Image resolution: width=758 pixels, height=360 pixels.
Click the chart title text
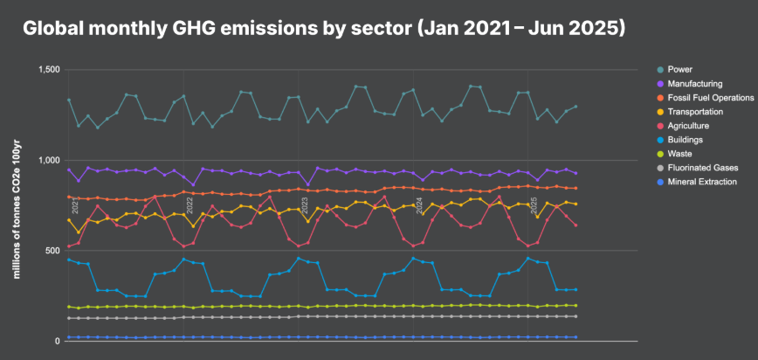pos(323,28)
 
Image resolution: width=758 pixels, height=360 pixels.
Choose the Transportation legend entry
pos(695,111)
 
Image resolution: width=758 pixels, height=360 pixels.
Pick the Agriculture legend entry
pos(689,125)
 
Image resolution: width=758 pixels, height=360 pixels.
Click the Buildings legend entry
pos(686,139)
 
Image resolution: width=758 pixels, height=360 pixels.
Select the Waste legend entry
pos(680,153)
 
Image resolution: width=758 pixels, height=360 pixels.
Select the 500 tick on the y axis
pos(53,251)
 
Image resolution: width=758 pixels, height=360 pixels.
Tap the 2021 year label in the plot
pos(76,206)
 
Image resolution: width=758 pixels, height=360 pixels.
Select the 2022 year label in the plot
pos(190,206)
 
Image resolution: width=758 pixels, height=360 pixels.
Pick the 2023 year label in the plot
pos(305,206)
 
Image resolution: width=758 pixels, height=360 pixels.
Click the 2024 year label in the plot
pos(419,206)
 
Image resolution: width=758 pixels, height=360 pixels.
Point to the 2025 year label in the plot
pos(534,206)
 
